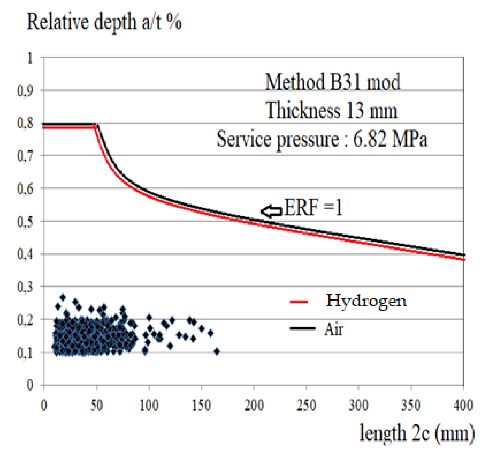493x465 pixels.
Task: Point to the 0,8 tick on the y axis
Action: pyautogui.click(x=25, y=123)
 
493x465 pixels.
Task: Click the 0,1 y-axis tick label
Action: pyautogui.click(x=25, y=352)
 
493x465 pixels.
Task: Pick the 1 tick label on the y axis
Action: pyautogui.click(x=30, y=58)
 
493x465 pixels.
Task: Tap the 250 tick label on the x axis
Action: pyautogui.click(x=306, y=405)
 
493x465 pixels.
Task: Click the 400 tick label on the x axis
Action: pyautogui.click(x=463, y=405)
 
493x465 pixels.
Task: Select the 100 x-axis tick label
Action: pyautogui.click(x=149, y=405)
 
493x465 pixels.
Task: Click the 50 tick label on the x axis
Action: pyautogui.click(x=97, y=405)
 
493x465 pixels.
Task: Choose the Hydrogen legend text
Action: pyautogui.click(x=366, y=301)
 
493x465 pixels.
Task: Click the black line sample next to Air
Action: pyautogui.click(x=302, y=328)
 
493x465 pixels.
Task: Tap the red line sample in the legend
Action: pyautogui.click(x=299, y=302)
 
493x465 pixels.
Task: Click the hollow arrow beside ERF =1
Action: pyautogui.click(x=271, y=211)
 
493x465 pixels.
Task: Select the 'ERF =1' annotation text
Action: pyautogui.click(x=313, y=207)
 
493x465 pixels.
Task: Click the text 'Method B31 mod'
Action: pyautogui.click(x=332, y=82)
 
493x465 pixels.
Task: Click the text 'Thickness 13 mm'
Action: pyautogui.click(x=331, y=110)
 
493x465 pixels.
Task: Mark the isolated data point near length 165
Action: pyautogui.click(x=217, y=352)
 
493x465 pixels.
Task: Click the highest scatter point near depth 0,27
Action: pyautogui.click(x=63, y=297)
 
